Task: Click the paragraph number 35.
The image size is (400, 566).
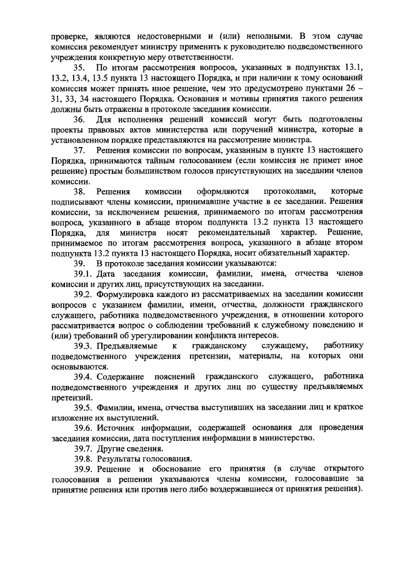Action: pyautogui.click(x=79, y=68)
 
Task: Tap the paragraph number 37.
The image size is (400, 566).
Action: pyautogui.click(x=79, y=151)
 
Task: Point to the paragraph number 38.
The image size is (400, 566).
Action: pyautogui.click(x=79, y=191)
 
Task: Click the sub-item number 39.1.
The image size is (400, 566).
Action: pyautogui.click(x=83, y=273)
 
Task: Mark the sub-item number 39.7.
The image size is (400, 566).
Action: pyautogui.click(x=83, y=448)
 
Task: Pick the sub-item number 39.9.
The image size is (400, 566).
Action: pyautogui.click(x=83, y=468)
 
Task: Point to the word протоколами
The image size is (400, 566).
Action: pyautogui.click(x=288, y=191)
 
